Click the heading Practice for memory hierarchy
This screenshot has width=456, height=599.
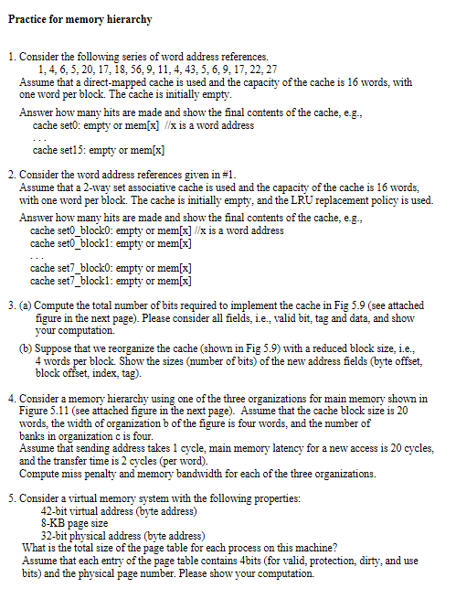[x=80, y=19]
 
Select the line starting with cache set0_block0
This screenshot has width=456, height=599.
[x=156, y=231]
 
